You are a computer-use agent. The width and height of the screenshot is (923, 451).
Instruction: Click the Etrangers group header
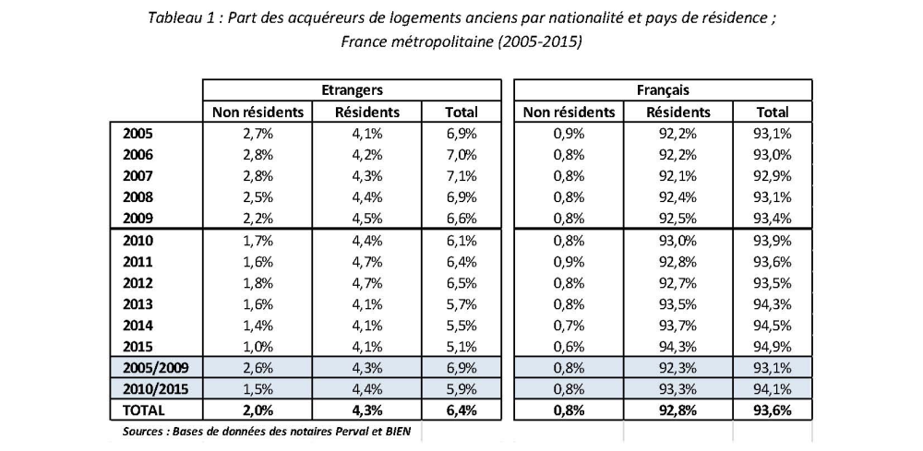[x=352, y=90]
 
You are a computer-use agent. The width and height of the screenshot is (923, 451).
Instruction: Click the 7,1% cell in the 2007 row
[x=461, y=175]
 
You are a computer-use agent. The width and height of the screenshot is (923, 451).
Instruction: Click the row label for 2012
[x=138, y=283]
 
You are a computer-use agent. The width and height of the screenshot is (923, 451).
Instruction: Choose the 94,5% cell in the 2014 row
[x=773, y=325]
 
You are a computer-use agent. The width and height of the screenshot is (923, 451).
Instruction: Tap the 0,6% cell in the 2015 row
[x=569, y=347]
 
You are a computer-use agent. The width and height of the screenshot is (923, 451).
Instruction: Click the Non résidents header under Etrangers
[x=258, y=113]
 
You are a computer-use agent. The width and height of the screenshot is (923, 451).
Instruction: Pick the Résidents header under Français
[x=678, y=113]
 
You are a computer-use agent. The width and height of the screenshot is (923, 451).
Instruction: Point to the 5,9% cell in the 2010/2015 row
[x=461, y=388]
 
